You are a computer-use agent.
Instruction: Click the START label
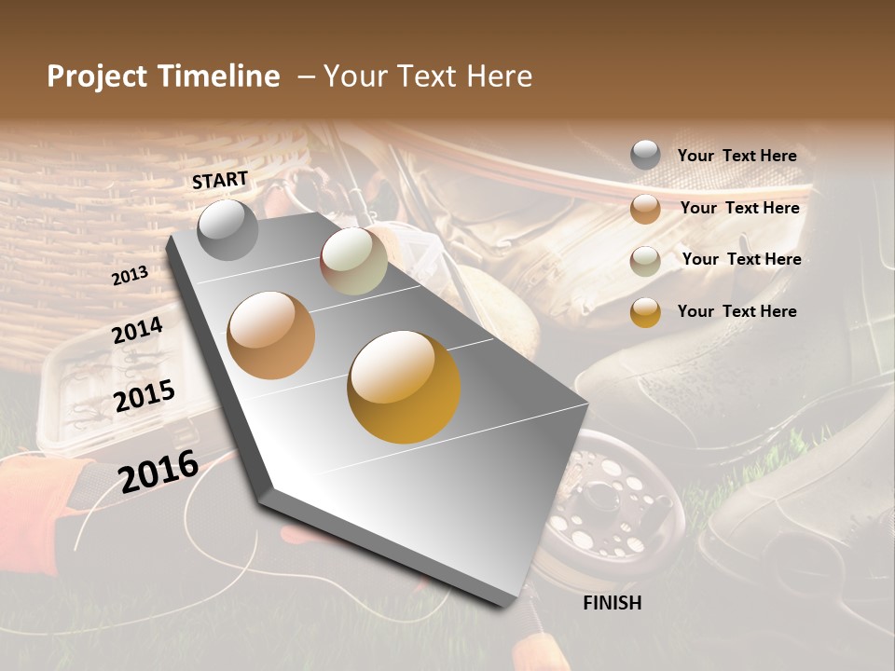point(220,180)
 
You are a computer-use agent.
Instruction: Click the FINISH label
point(612,603)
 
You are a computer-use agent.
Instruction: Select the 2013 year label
point(130,277)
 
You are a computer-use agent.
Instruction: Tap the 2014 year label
point(137,331)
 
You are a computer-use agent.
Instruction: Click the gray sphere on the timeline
point(227,229)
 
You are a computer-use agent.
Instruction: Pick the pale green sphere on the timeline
point(354,261)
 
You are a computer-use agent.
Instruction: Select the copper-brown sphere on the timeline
point(270,335)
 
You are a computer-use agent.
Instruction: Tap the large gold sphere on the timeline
point(404,387)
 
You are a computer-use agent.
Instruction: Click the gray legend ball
point(645,155)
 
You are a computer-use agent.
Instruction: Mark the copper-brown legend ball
point(645,209)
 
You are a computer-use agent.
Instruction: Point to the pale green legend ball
point(645,261)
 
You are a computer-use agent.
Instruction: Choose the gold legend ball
point(645,312)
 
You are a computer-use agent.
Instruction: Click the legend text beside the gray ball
point(737,157)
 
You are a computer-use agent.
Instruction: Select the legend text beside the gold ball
point(737,311)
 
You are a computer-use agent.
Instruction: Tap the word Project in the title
point(97,76)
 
